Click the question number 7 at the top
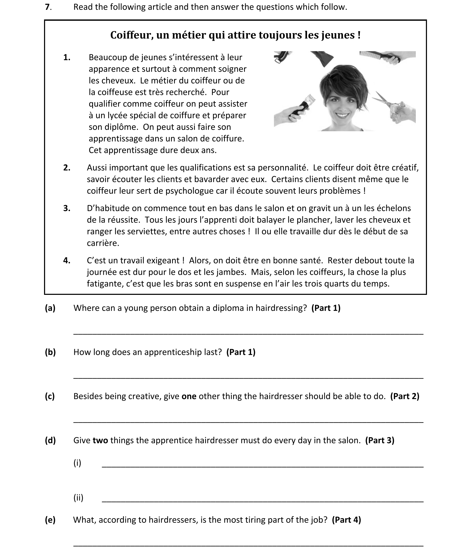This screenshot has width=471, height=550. (47, 7)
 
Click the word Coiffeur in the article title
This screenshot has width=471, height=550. (131, 35)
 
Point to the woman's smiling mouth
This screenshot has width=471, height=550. (342, 116)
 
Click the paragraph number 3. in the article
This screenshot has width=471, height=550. (67, 208)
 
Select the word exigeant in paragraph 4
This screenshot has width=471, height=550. (164, 260)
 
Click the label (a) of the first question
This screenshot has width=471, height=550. (50, 308)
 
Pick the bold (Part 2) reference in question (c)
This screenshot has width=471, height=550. (405, 396)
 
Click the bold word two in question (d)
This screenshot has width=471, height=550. (100, 440)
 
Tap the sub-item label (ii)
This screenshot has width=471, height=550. (78, 498)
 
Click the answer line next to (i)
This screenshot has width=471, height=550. (262, 467)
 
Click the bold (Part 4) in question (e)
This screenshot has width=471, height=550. (346, 520)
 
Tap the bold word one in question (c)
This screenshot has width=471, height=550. (189, 396)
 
